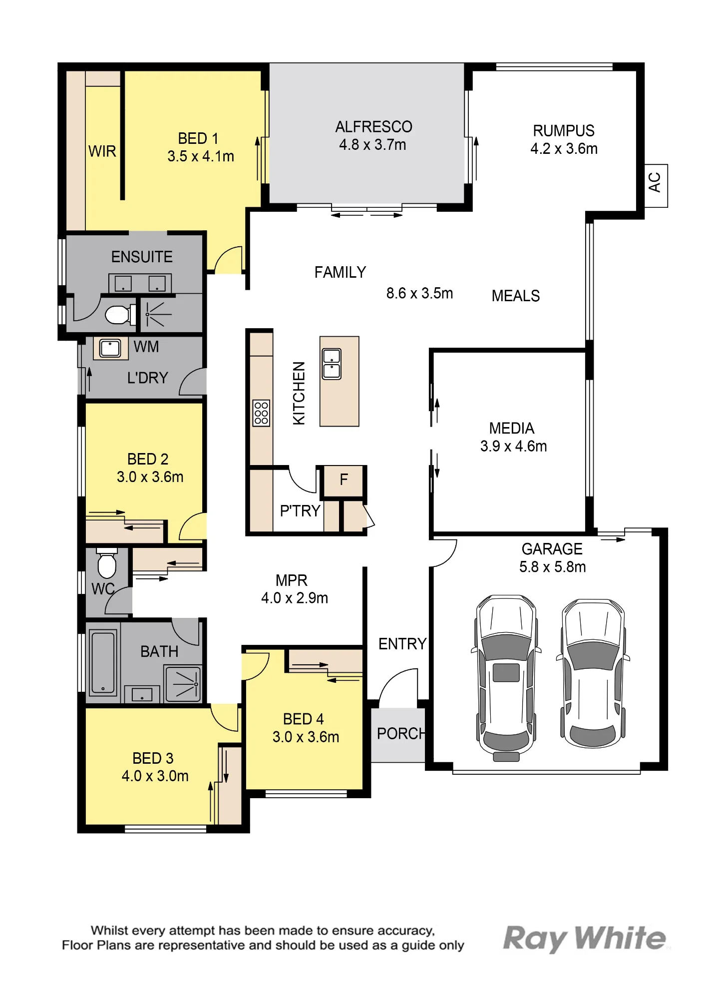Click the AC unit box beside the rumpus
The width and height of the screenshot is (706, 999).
(656, 186)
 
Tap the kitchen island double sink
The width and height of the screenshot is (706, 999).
(332, 364)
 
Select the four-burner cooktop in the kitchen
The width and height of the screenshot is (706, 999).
(261, 413)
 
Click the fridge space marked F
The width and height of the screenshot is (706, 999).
(343, 481)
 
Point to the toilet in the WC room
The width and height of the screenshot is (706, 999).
(107, 563)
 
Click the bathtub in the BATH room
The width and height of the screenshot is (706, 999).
(103, 662)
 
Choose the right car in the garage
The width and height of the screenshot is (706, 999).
(593, 673)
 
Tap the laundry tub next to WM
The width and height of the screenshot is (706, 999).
(110, 348)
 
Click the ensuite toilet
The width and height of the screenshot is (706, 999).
(120, 315)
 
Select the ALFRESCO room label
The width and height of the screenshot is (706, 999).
(373, 127)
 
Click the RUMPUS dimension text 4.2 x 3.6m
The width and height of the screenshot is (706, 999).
(564, 149)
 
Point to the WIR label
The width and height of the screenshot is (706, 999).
(102, 151)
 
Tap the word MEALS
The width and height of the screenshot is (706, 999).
(516, 296)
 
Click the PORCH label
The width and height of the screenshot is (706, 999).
(401, 734)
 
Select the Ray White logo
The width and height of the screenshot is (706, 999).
(585, 938)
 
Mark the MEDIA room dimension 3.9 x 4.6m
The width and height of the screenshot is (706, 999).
(513, 447)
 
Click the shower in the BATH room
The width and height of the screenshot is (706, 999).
(183, 683)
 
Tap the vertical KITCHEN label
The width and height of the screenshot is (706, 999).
(299, 394)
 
